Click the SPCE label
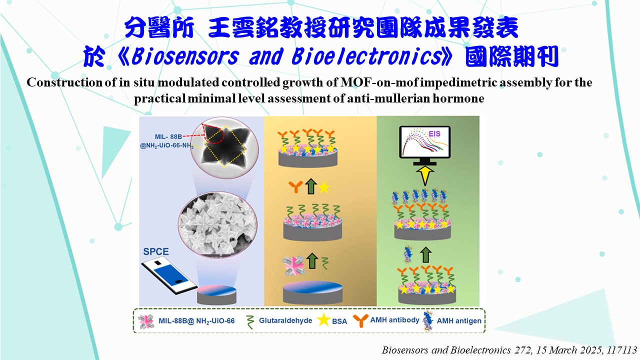click(x=155, y=251)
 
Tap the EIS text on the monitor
click(x=434, y=133)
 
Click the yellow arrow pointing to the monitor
click(x=425, y=175)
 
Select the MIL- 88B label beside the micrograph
click(x=168, y=136)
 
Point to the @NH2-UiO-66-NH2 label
click(x=166, y=145)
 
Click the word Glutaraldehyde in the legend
click(x=285, y=320)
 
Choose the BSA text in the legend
click(x=339, y=321)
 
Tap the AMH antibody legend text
click(x=394, y=319)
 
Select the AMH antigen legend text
click(x=459, y=321)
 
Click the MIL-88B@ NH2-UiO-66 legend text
click(x=196, y=321)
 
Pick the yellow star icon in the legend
click(x=323, y=319)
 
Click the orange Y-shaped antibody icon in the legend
click(x=360, y=320)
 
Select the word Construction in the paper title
click(x=64, y=82)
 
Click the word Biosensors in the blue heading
click(x=185, y=56)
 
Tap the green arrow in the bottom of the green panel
click(x=425, y=255)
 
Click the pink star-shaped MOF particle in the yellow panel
click(x=293, y=265)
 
